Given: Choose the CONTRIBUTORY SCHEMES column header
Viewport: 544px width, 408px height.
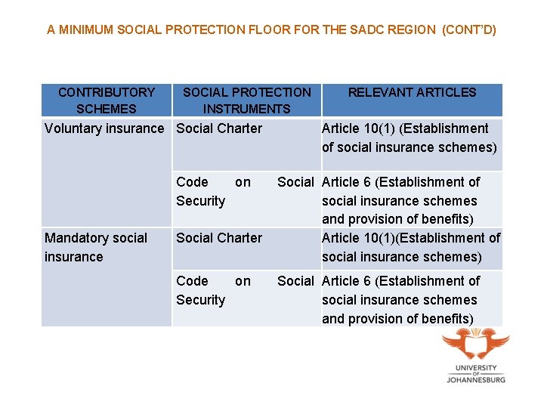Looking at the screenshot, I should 107,100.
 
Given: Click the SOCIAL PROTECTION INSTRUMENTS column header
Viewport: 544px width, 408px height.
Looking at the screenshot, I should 246,100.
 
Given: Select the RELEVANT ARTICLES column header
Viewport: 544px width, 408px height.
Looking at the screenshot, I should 412,93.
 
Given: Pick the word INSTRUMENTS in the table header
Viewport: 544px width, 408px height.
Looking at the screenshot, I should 246,109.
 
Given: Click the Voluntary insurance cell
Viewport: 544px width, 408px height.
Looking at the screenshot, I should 104,128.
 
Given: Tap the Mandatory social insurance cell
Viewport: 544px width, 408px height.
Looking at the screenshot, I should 96,247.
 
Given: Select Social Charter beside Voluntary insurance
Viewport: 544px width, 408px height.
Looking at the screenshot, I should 219,128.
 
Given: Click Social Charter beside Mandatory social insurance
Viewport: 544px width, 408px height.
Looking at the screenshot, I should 219,238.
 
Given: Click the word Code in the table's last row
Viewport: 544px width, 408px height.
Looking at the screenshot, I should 192,281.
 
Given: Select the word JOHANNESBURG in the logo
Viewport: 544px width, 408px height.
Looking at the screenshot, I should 476,379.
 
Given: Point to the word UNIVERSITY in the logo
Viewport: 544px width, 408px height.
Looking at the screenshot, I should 476,368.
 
